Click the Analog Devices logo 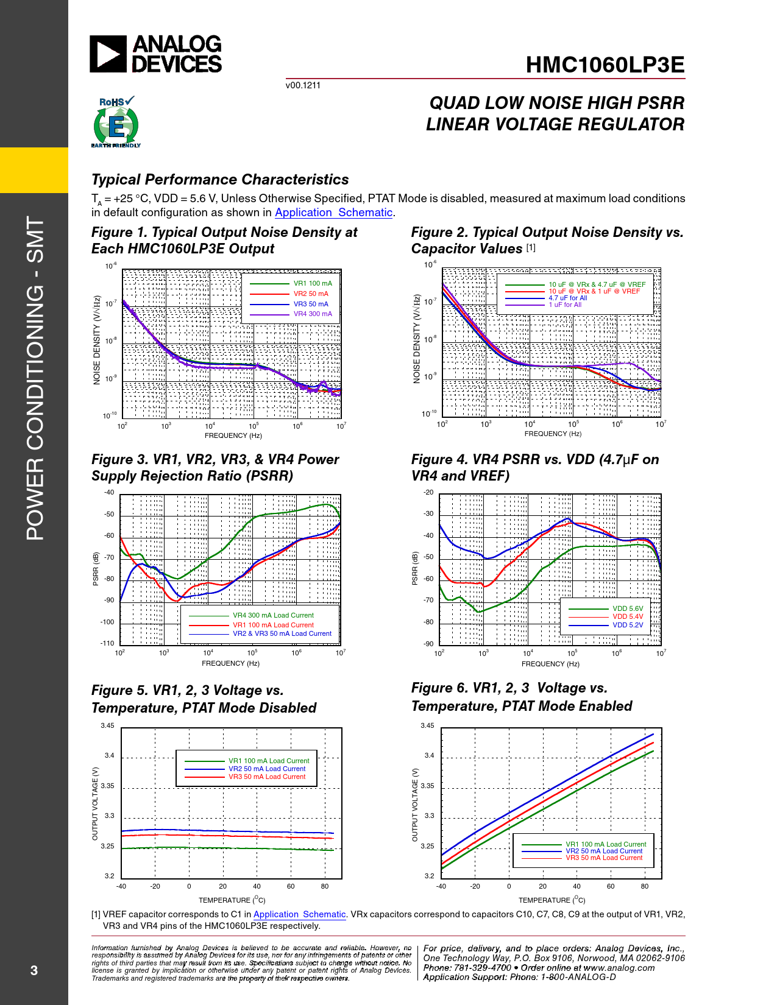click(156, 54)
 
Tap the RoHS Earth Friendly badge click(116, 122)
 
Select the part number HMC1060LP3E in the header click(605, 65)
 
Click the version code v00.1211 click(303, 85)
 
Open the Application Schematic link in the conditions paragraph click(333, 213)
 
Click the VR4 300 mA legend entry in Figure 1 click(313, 314)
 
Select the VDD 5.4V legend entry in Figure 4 click(628, 616)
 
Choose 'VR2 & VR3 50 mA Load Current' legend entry click(282, 633)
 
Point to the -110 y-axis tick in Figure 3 click(107, 643)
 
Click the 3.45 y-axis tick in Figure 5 click(107, 725)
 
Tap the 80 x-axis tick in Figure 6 click(644, 886)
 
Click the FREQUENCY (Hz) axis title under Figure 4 click(550, 664)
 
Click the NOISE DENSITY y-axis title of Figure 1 click(97, 340)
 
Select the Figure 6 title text click(521, 697)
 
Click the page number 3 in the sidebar click(34, 970)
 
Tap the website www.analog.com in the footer click(619, 968)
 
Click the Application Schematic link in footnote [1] click(299, 914)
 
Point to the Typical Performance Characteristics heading click(220, 180)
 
